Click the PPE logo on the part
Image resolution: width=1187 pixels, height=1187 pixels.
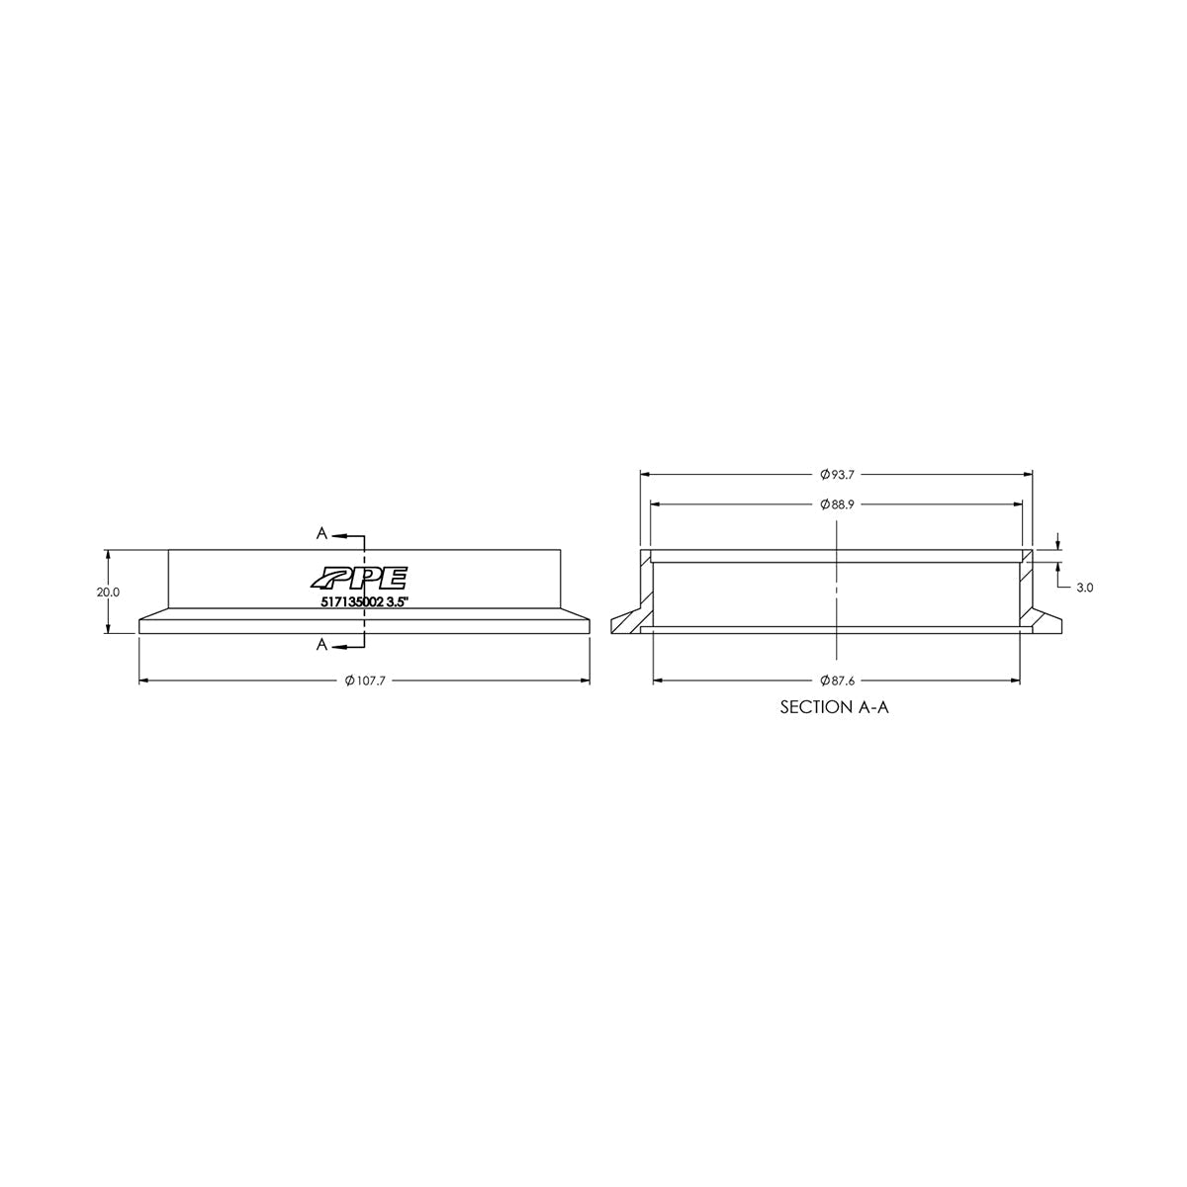[x=357, y=579]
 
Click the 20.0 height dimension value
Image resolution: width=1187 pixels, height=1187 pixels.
[x=107, y=592]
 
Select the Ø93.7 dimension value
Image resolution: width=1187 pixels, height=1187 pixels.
[x=837, y=473]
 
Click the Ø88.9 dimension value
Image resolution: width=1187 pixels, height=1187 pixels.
[x=837, y=503]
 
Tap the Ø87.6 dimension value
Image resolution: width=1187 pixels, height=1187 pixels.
[x=837, y=681]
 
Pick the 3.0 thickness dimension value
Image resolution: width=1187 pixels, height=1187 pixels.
[x=1084, y=588]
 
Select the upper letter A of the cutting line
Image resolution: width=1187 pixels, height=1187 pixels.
[x=321, y=533]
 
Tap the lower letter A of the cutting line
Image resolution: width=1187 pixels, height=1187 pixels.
[x=321, y=645]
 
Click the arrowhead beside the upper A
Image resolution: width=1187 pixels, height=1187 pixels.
[x=338, y=535]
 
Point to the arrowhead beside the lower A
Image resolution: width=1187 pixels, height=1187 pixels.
[x=338, y=647]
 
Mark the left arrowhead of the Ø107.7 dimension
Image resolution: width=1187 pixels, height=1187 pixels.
[x=144, y=681]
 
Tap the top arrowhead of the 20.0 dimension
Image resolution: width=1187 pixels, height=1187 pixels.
[x=107, y=555]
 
